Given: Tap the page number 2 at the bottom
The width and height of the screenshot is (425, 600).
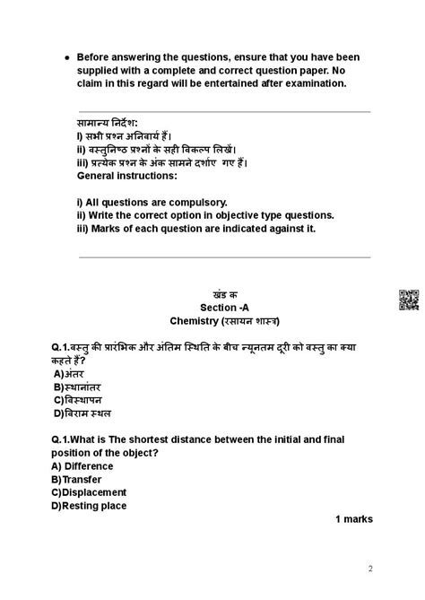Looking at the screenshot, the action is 371,569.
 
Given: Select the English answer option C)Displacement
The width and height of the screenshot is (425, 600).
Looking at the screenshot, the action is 89,492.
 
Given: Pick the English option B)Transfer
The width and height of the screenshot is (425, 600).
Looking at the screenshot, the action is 78,480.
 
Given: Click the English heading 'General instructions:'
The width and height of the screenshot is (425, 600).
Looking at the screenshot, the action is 128,176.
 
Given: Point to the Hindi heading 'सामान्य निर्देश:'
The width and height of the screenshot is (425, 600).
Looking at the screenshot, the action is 108,124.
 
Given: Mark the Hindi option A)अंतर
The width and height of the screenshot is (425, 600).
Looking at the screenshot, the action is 68,373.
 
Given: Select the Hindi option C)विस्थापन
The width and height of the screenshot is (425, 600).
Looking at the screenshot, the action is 78,400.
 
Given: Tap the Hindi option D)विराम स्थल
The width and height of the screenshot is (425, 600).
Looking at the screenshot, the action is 82,413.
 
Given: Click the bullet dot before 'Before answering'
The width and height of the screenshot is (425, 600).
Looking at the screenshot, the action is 68,57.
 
